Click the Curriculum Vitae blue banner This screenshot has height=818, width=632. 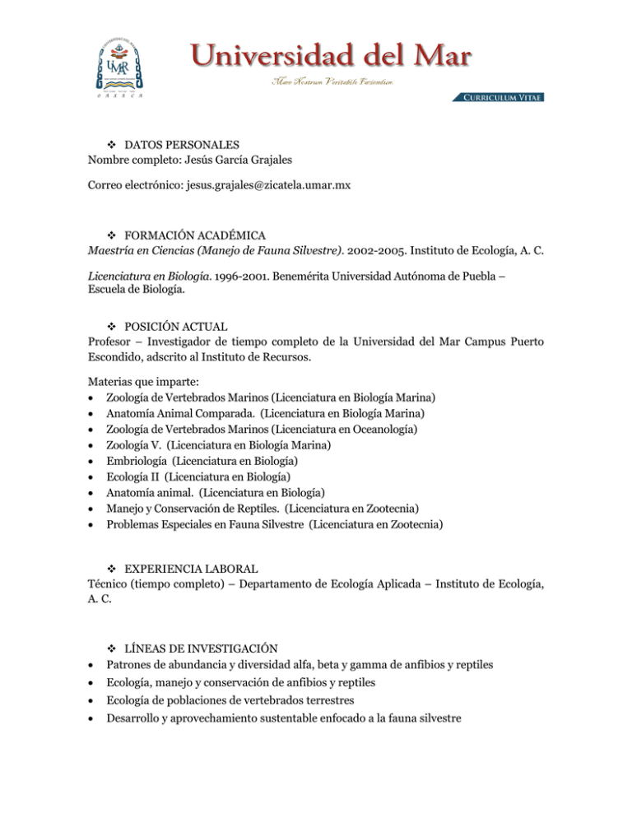pos(497,97)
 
